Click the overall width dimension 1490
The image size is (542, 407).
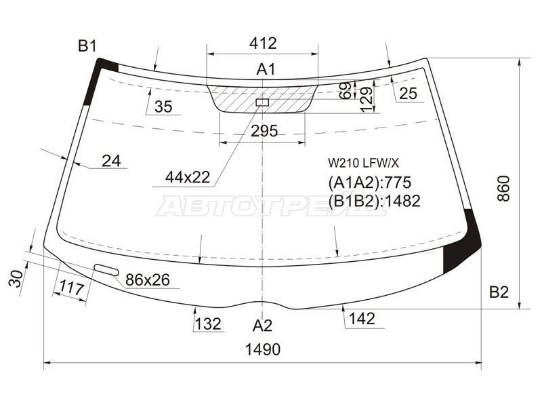pos(263,349)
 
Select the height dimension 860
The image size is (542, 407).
pos(503,189)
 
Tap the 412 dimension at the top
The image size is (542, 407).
pos(263,43)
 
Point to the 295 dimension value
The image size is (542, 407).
pos(264,131)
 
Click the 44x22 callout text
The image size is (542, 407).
pos(188,177)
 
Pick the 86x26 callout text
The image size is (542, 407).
pos(148,279)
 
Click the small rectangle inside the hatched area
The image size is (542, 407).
pos(262,102)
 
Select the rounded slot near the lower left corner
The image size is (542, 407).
pos(107,270)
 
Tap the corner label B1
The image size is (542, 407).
pos(87,45)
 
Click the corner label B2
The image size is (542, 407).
pos(499,292)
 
